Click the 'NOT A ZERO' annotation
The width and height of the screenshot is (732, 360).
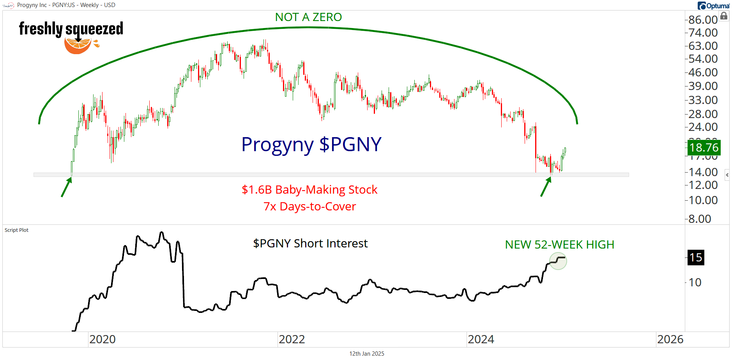coord(308,17)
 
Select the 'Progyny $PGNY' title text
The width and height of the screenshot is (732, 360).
coord(311,145)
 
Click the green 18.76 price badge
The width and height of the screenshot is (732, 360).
coord(704,148)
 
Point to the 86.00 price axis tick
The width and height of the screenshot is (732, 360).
coord(703,19)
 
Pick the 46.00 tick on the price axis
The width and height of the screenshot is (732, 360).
coord(703,72)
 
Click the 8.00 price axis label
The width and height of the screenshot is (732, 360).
coord(700,219)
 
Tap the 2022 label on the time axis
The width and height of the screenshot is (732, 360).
coord(292,339)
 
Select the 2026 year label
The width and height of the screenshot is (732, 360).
coord(670,339)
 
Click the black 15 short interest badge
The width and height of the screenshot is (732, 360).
coord(696,258)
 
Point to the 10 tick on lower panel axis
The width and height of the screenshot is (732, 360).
coord(695,282)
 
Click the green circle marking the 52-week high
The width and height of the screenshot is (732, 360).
coord(558,261)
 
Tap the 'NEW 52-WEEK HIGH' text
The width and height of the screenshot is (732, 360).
coord(559,245)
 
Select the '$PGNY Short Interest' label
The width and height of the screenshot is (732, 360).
coord(310,244)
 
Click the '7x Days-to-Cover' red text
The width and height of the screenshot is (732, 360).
coord(309,206)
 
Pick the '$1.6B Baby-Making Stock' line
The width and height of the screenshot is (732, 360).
coord(309,190)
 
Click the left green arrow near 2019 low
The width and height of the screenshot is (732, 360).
coord(67,187)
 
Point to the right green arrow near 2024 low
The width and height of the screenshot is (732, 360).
coord(546,187)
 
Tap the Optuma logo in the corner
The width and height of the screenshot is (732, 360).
coord(713,5)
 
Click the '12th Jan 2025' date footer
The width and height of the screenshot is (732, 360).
coord(366,354)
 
